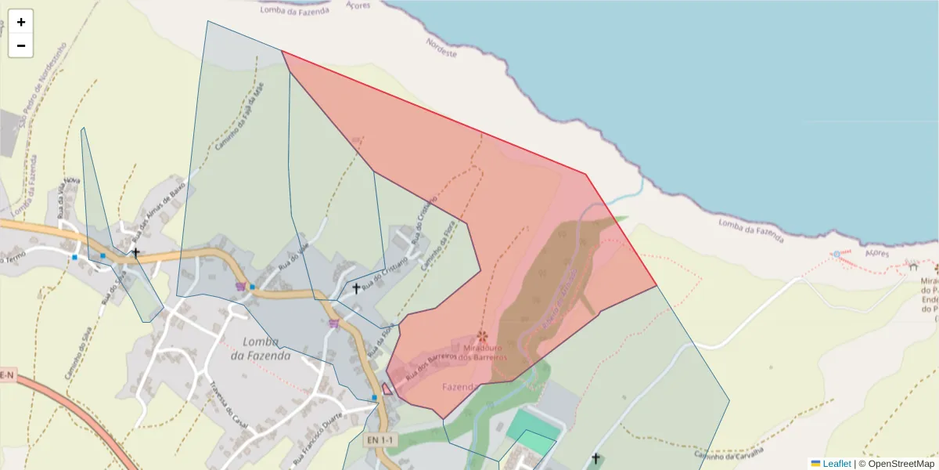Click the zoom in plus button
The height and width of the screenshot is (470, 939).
coord(21,22)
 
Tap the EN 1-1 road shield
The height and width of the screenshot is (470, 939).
coord(381,440)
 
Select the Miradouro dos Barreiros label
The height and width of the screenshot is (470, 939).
coord(484,352)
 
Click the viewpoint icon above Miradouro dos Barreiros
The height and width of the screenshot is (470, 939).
coord(482,336)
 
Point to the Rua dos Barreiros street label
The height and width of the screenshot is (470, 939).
coord(430,367)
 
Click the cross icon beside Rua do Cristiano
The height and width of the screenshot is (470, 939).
coord(356,288)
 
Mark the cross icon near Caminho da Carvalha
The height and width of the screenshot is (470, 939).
coord(595,458)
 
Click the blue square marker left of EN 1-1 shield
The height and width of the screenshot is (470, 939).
coord(374,398)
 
